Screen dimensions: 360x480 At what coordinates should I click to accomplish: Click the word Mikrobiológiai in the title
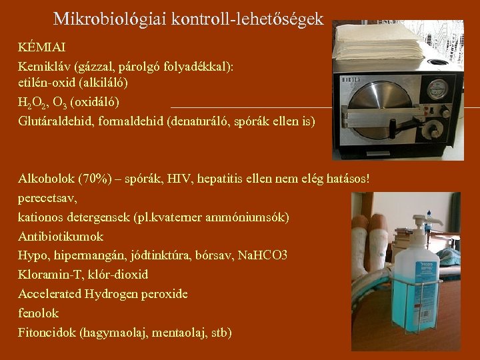pos(109,19)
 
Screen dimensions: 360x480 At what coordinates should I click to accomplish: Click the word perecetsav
pos(47,198)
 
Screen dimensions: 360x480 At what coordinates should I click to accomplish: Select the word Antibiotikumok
pos(61,236)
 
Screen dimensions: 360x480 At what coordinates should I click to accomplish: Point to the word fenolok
pos(38,313)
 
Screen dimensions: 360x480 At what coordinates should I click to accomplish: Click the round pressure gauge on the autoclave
pos(437,88)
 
